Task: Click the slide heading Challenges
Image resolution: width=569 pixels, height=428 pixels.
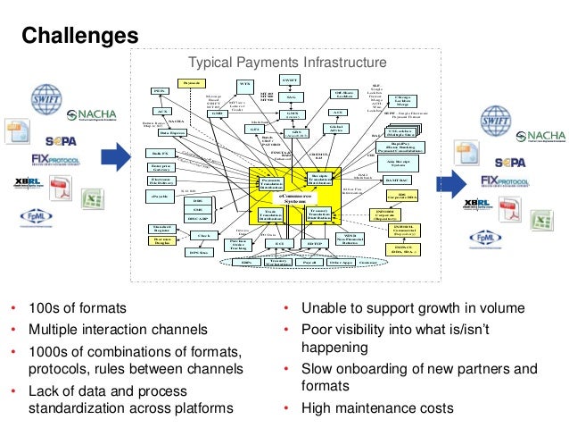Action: click(x=79, y=35)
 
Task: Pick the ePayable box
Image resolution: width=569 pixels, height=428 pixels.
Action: click(x=159, y=195)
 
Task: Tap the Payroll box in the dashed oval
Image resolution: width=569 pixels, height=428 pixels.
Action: click(x=311, y=263)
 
